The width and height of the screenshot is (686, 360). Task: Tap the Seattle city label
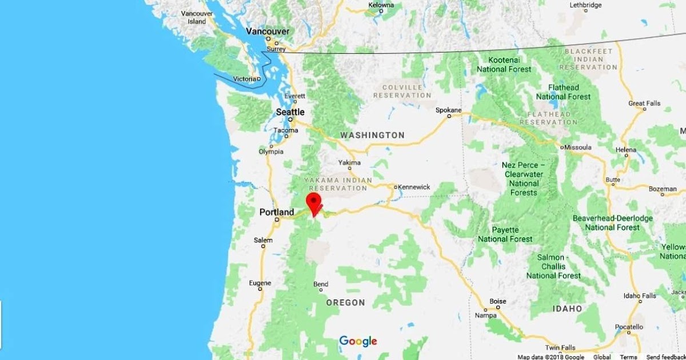coord(290,112)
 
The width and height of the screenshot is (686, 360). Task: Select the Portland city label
coord(277,212)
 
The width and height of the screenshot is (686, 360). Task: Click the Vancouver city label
coord(268,31)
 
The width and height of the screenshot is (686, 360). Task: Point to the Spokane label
coord(448,110)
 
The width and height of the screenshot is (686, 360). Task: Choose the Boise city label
coord(498,301)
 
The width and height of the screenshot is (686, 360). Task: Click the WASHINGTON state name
coord(372,135)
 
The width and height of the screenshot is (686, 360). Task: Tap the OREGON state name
coord(345,302)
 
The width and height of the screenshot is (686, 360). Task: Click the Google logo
coord(358,342)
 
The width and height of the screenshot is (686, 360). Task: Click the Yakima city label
coord(349,162)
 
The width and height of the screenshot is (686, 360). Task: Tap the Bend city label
coord(321,285)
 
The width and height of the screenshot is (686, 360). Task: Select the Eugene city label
coord(260,283)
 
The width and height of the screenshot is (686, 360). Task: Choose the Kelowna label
coord(381,5)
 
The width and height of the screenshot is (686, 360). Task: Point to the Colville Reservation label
coord(402,91)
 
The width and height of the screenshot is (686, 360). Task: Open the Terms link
coord(628,357)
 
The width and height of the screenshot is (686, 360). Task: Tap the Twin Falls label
coord(560,347)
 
